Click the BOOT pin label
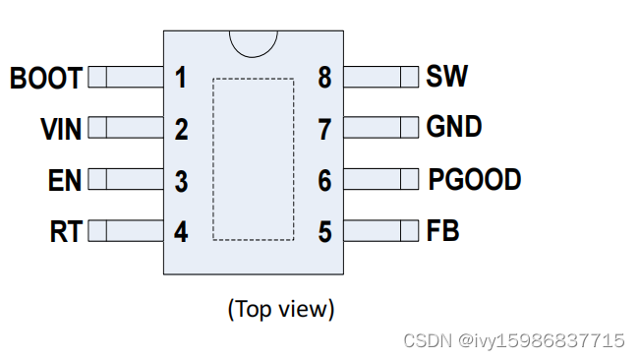(x=45, y=78)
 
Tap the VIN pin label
(x=61, y=129)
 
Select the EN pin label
(x=64, y=181)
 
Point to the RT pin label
(x=66, y=232)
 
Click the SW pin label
(x=447, y=76)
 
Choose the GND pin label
(x=454, y=127)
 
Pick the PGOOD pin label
(x=474, y=179)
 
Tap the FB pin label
(x=443, y=230)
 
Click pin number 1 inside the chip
(x=181, y=77)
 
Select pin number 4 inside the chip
(x=181, y=232)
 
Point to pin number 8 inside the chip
(x=324, y=77)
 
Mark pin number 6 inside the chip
(x=324, y=181)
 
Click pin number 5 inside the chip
(x=324, y=232)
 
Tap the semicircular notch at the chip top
(x=253, y=42)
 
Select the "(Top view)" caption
(x=281, y=309)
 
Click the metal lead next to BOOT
(x=126, y=77)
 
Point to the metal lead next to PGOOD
(x=381, y=179)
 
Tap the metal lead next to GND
(x=381, y=128)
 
